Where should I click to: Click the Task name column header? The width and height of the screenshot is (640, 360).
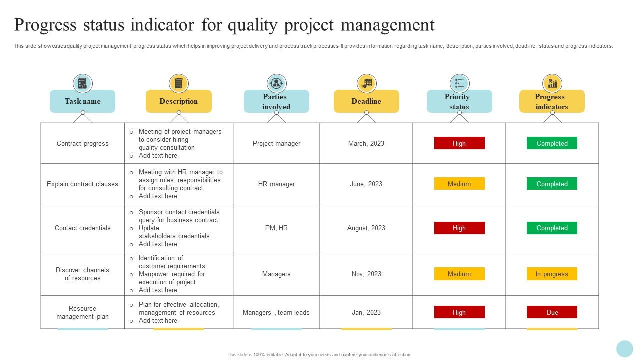pos(82,101)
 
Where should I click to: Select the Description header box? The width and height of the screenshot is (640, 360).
pos(178,101)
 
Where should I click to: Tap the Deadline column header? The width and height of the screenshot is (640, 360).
pos(366,101)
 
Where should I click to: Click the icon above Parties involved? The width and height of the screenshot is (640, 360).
pos(276,83)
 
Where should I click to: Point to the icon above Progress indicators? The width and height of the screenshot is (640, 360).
pos(552,83)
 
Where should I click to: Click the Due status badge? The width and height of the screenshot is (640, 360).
pos(552,312)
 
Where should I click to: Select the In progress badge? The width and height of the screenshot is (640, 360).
pos(552,274)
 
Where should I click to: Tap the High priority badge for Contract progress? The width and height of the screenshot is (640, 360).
pos(459,143)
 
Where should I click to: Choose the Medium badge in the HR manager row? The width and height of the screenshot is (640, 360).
pos(459,184)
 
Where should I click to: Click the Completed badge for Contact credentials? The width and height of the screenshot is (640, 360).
pos(552,228)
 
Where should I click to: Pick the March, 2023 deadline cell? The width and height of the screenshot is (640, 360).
pos(366,143)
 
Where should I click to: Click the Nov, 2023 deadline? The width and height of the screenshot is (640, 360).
pos(366,274)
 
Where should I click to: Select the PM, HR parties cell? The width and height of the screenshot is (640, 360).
pos(276,228)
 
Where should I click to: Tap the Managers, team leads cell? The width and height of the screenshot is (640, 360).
pos(276,312)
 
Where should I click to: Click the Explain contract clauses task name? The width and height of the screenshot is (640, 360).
pos(82,184)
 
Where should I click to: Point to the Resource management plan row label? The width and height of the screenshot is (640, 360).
pos(82,312)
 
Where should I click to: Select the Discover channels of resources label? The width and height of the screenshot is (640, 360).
pos(82,274)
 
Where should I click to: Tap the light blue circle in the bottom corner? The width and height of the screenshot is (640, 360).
pos(625,349)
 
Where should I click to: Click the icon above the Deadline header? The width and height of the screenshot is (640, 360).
pos(366,83)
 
